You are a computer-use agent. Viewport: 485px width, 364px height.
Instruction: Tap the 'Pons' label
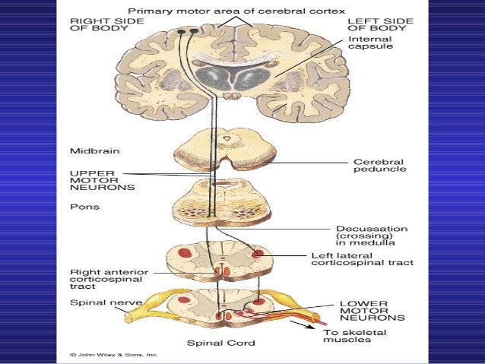click(81, 206)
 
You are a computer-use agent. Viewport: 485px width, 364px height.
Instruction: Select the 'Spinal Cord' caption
click(221, 343)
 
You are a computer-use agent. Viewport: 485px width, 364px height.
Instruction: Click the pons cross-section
click(218, 204)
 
